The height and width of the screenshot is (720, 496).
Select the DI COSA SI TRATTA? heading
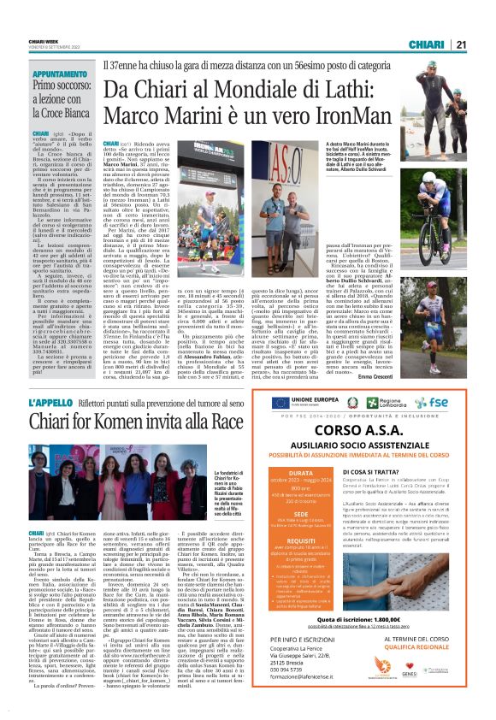pyautogui.click(x=375, y=471)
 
